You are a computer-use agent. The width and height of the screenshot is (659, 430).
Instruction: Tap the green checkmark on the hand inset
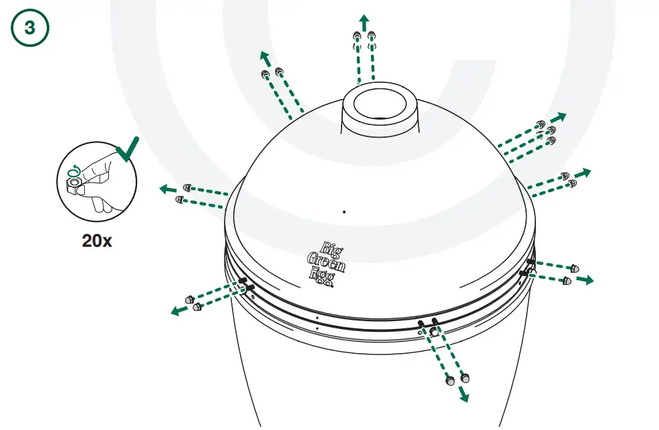127,150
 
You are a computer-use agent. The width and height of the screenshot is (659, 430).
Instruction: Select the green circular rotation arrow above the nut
75,171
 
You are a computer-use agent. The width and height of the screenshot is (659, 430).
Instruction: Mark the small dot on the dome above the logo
344,212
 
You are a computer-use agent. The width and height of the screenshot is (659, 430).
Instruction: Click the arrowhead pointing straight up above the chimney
364,19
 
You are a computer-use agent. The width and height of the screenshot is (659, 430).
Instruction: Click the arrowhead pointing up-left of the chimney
265,56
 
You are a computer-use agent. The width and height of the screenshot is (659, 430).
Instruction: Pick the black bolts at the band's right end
527,267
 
